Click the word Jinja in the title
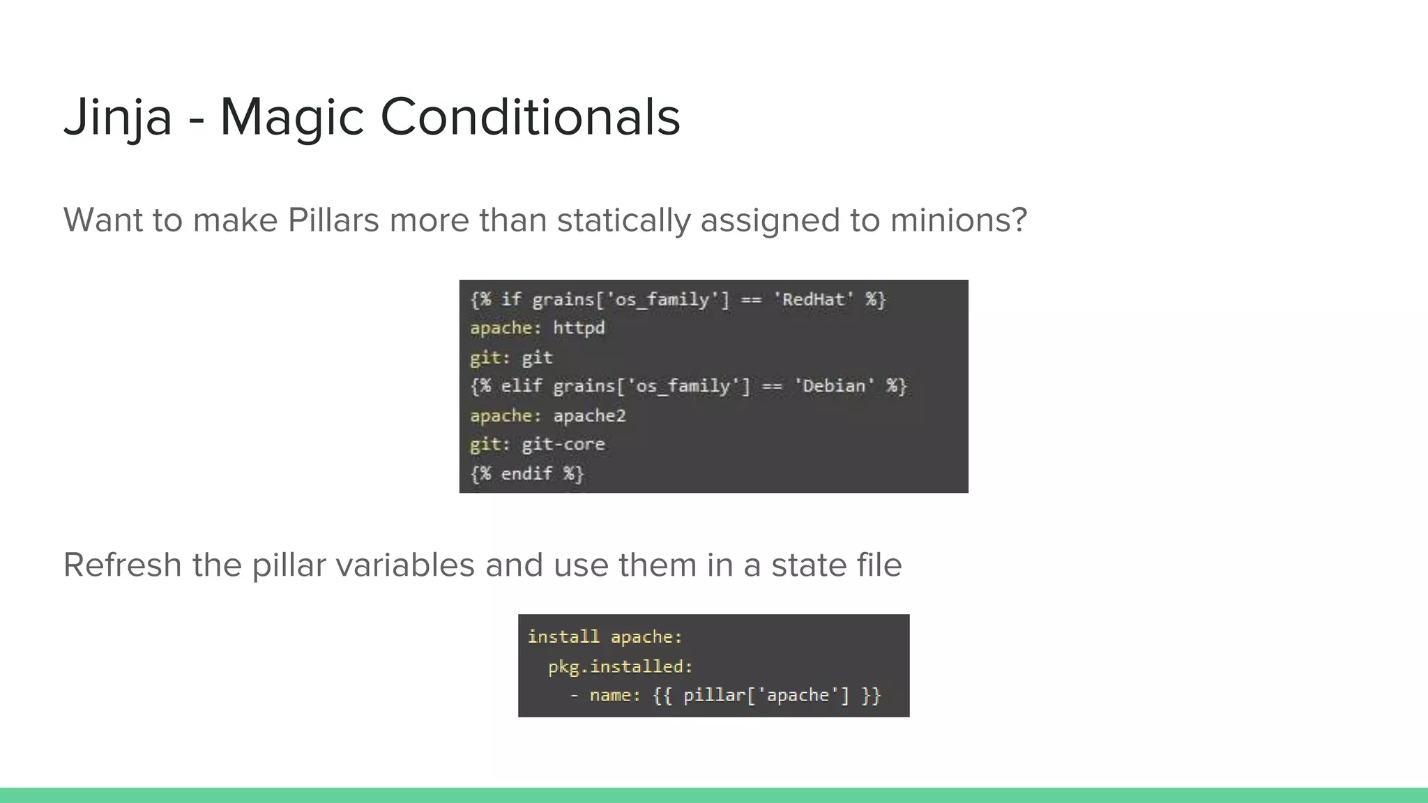(x=117, y=117)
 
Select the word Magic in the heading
(x=291, y=117)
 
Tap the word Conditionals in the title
(x=530, y=117)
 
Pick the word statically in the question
(x=623, y=221)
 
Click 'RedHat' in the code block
(x=814, y=300)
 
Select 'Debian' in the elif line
(x=835, y=386)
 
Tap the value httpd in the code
(x=579, y=328)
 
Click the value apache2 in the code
(x=589, y=416)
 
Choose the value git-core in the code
(x=563, y=445)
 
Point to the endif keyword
(x=526, y=474)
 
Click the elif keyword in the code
(x=521, y=386)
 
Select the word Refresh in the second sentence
(x=122, y=565)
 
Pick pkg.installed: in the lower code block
(x=621, y=667)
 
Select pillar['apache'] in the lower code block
(x=766, y=696)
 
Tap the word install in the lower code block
(x=563, y=637)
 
